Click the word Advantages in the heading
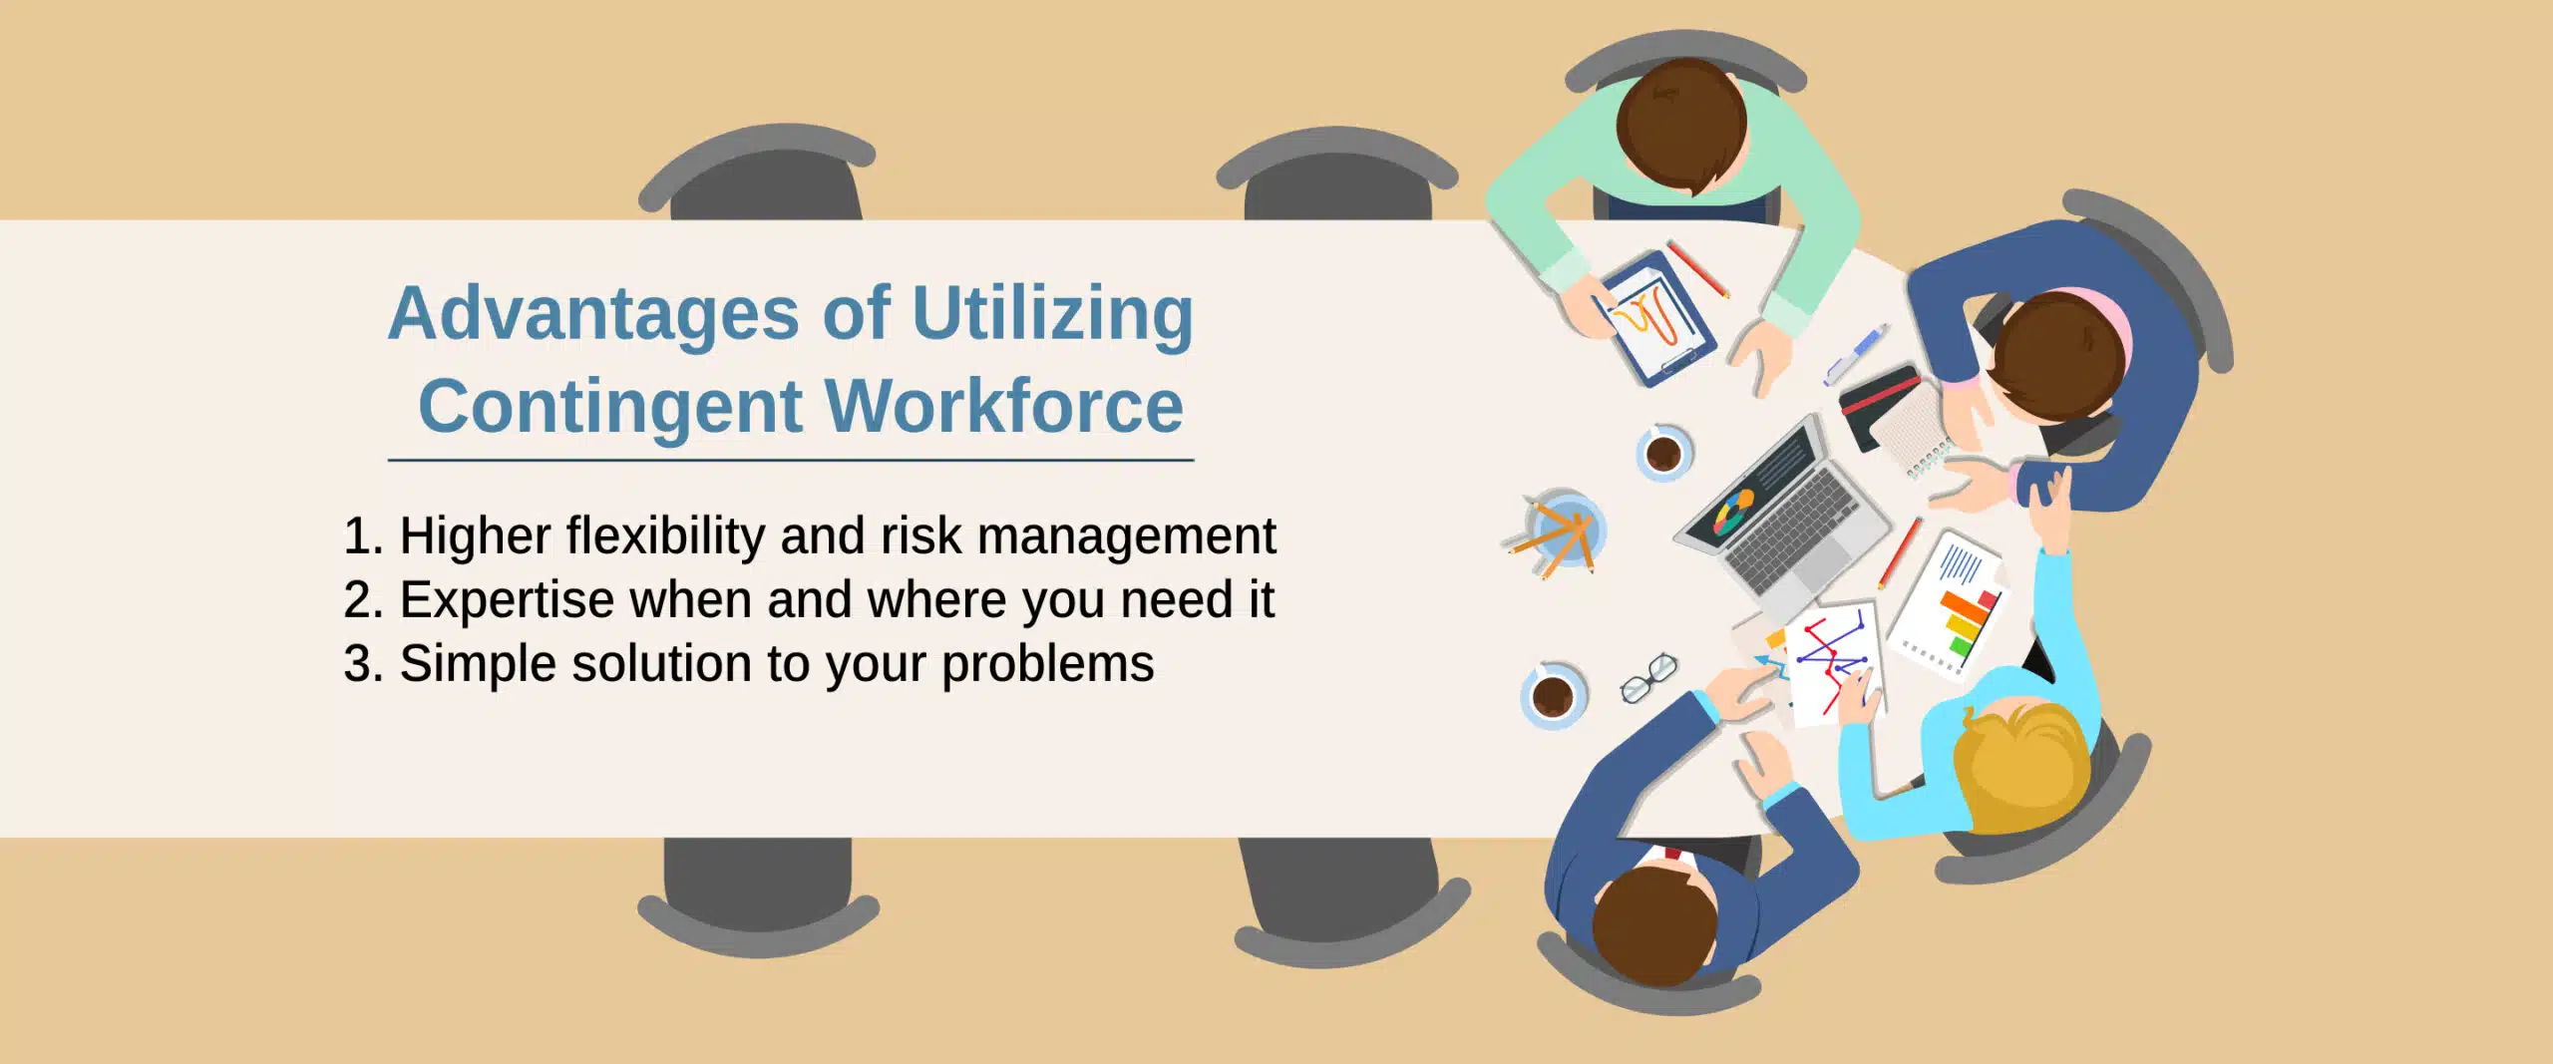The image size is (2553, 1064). click(593, 314)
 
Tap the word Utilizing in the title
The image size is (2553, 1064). click(1052, 314)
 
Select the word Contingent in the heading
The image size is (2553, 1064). click(610, 407)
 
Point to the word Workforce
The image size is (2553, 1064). click(1004, 406)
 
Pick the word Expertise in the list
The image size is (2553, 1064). click(507, 599)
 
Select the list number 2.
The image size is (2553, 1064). click(362, 600)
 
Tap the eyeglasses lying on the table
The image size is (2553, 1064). click(1648, 677)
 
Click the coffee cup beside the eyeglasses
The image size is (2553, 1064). click(1553, 694)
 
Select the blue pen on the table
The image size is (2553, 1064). click(1855, 354)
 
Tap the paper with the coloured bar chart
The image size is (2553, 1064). click(1949, 605)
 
